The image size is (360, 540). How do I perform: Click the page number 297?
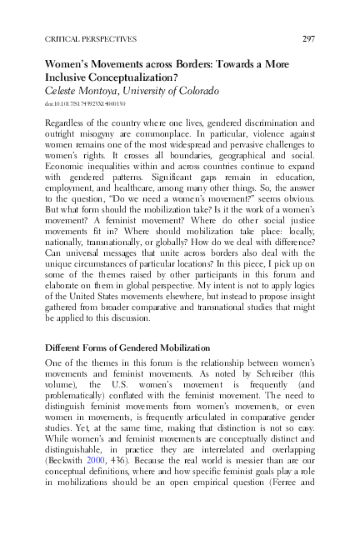pos(307,39)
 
